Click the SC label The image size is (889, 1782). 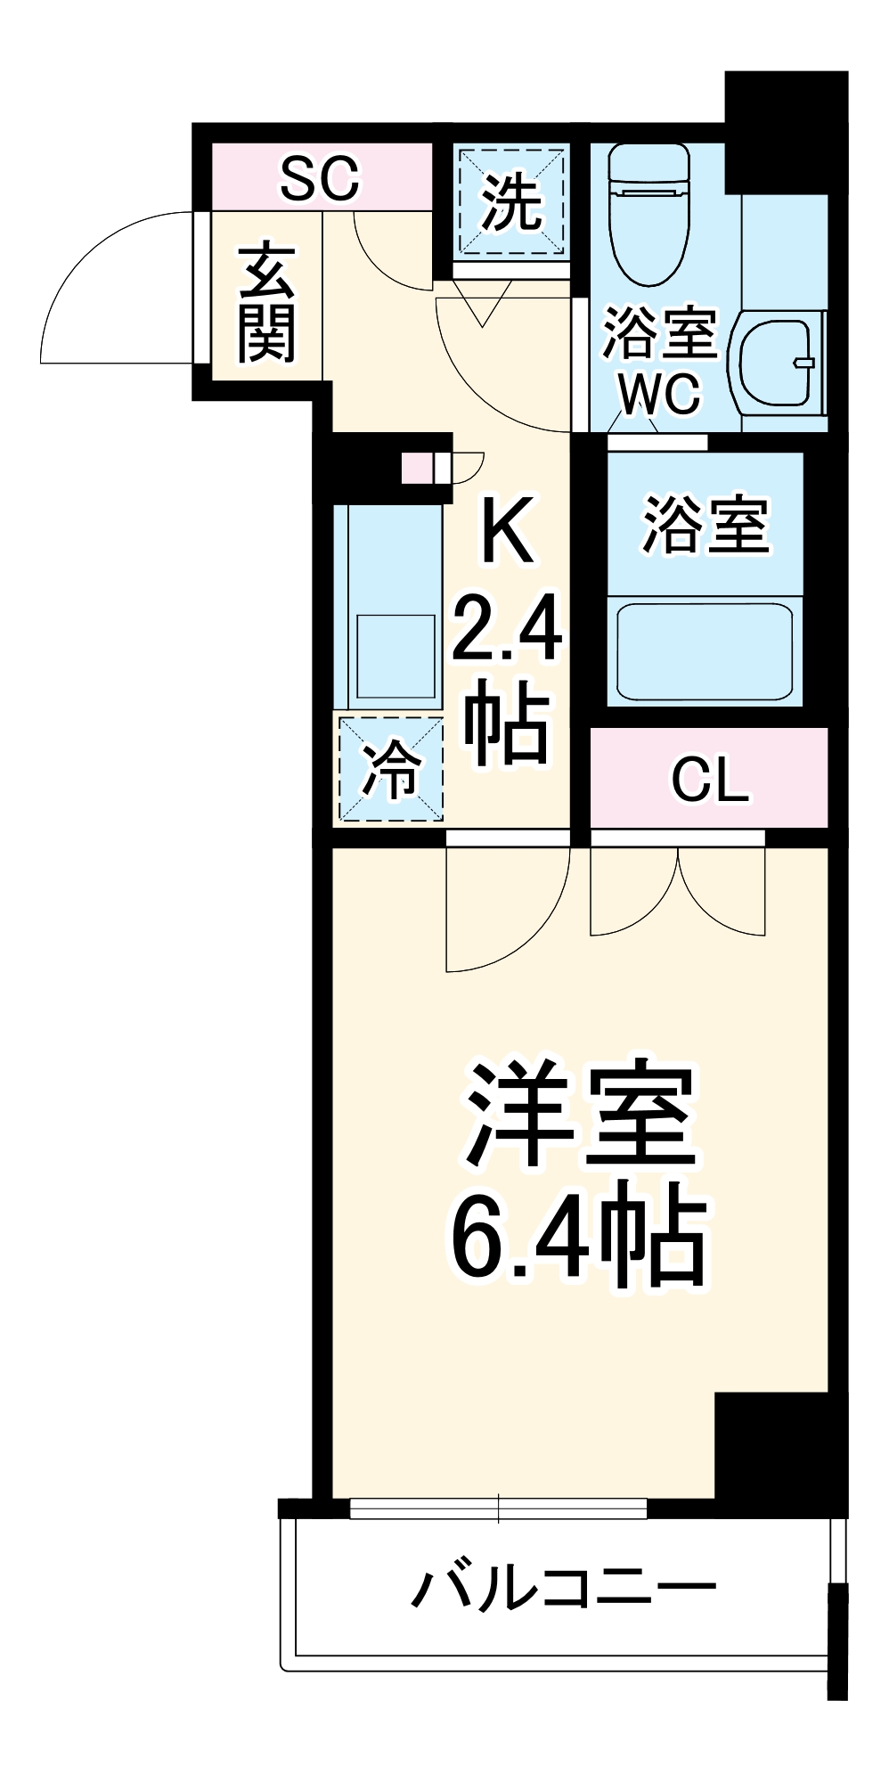(x=320, y=178)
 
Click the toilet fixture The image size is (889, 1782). (x=649, y=214)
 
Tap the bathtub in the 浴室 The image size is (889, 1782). (x=705, y=651)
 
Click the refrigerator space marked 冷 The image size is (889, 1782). (x=390, y=769)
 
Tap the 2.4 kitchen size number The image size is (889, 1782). (x=507, y=630)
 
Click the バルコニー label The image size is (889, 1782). (x=563, y=1587)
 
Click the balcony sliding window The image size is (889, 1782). (x=499, y=1508)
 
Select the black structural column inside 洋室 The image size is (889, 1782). (x=771, y=1444)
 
